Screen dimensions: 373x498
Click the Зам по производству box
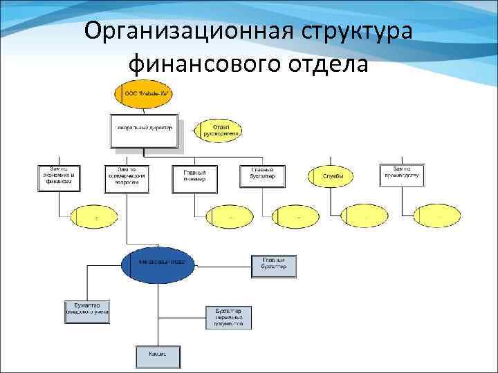point(401,175)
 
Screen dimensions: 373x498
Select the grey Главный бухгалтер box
point(273,266)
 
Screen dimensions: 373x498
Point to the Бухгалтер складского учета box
point(87,311)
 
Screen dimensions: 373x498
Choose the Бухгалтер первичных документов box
point(229,317)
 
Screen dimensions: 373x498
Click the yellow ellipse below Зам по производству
point(435,216)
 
